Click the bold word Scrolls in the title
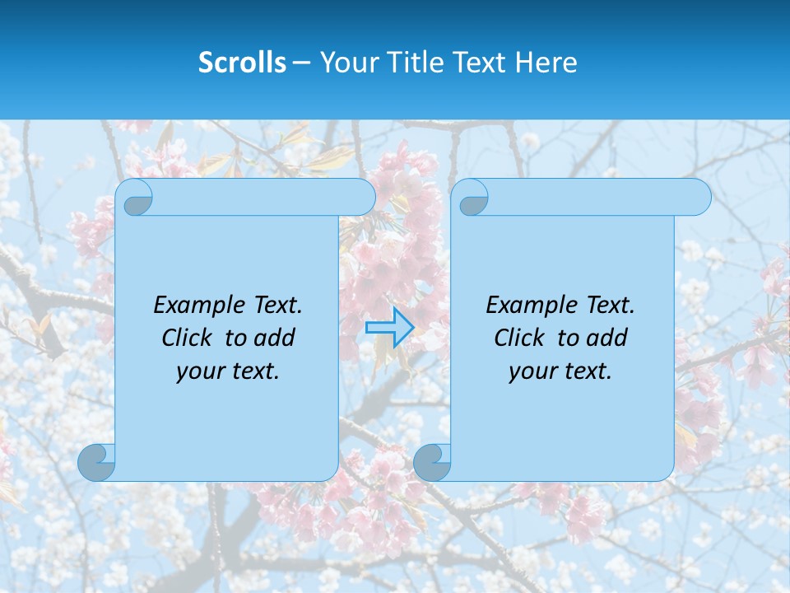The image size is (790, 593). (242, 63)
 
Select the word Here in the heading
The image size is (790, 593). (546, 63)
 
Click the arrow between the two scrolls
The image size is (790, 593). (389, 328)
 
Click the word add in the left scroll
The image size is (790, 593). (276, 338)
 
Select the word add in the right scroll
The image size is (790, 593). (608, 338)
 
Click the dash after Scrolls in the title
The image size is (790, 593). (302, 63)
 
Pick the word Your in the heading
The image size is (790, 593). (346, 63)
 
